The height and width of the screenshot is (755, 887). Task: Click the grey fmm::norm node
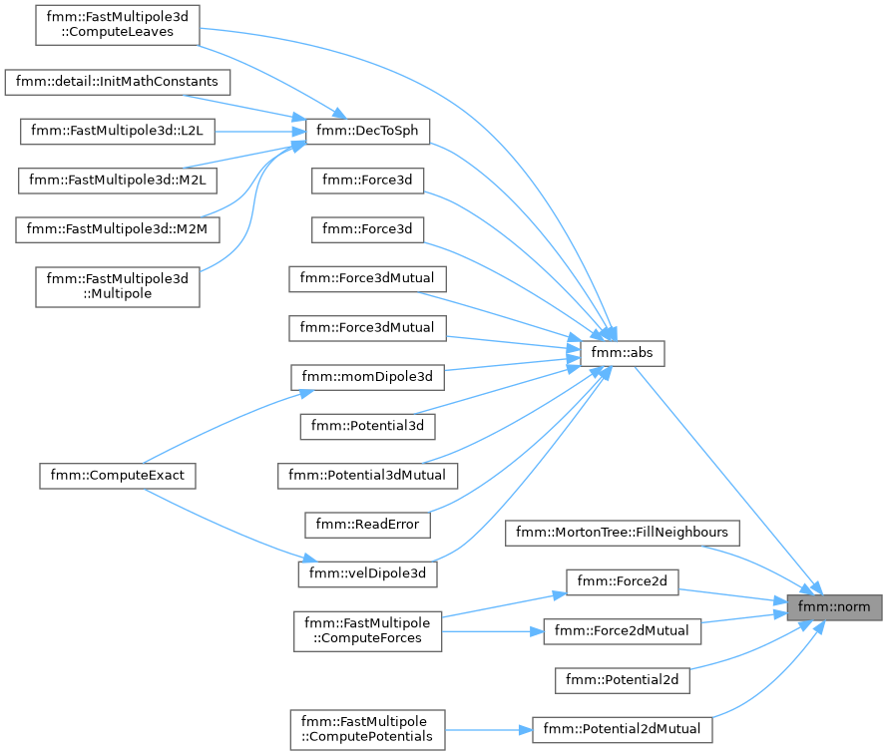click(834, 607)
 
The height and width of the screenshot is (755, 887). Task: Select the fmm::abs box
click(623, 353)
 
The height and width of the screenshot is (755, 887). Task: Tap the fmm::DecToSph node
click(368, 132)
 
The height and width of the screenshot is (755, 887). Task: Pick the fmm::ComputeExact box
click(118, 476)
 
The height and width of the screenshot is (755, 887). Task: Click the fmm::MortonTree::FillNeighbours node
click(623, 533)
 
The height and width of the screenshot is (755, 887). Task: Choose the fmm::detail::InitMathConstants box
click(118, 82)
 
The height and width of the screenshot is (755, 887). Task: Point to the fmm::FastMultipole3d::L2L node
click(118, 132)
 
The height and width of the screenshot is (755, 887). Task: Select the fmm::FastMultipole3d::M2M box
click(118, 229)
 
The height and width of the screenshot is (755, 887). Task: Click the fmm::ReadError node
click(368, 525)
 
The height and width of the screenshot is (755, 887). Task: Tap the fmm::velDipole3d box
click(368, 574)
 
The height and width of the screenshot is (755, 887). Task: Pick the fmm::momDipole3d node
click(368, 377)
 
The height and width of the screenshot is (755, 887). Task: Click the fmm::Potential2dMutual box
click(623, 729)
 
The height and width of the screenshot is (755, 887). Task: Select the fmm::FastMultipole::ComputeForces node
click(368, 631)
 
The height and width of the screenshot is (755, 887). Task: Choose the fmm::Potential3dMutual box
click(368, 476)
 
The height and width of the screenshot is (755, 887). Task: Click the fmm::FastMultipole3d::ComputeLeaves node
click(118, 25)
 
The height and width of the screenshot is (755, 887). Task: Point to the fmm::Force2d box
click(623, 581)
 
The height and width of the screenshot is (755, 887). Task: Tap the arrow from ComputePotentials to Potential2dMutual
click(489, 730)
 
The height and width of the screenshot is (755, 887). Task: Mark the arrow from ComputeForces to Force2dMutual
click(493, 631)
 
